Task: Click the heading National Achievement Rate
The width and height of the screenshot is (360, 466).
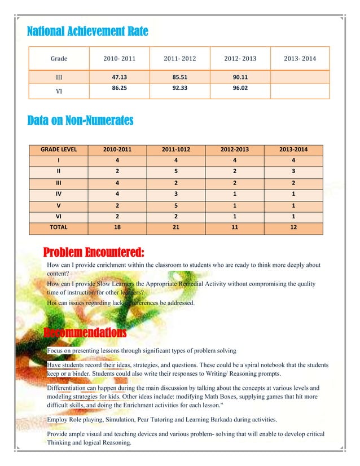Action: [x=87, y=32]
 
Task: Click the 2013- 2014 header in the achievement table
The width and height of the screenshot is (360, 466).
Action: [x=301, y=58]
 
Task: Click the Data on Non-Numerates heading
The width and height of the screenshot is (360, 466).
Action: [x=80, y=120]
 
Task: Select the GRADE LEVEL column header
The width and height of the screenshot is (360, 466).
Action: [x=59, y=150]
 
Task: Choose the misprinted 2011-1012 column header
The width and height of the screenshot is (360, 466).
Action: [x=176, y=150]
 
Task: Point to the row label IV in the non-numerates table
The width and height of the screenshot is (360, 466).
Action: [x=59, y=194]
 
